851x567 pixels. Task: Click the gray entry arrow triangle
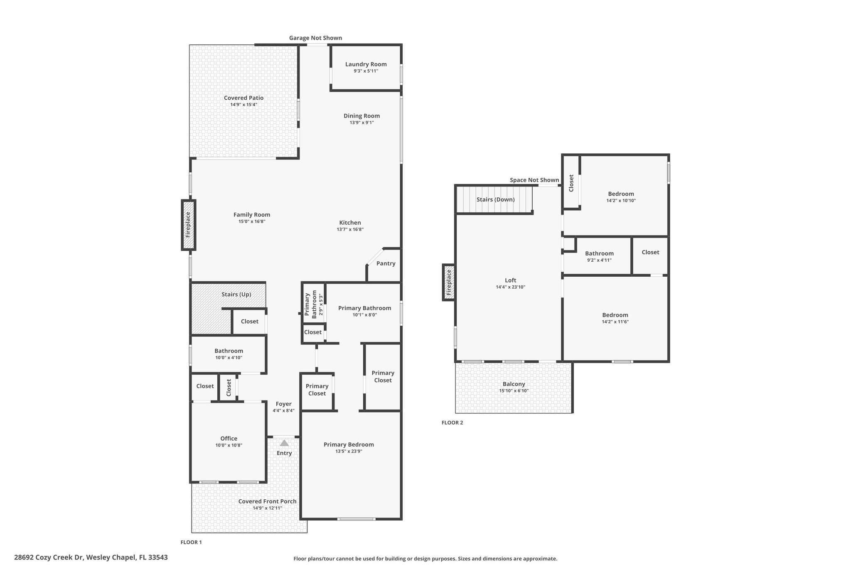(284, 443)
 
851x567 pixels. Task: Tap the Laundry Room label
(366, 64)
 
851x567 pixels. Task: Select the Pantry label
(386, 263)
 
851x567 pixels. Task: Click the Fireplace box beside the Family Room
(188, 225)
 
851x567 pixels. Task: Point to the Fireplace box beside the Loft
(449, 282)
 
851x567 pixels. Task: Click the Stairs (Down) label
(496, 199)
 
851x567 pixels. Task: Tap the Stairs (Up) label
(236, 295)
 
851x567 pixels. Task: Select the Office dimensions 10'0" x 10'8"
(229, 445)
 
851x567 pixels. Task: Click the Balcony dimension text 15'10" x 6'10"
(514, 391)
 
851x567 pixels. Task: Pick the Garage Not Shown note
(316, 38)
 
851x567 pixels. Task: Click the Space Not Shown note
(534, 180)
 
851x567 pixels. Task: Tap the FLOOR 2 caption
(452, 423)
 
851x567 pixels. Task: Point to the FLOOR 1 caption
(191, 542)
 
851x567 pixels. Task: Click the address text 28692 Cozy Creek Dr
(49, 557)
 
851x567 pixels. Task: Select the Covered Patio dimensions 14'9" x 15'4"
(244, 105)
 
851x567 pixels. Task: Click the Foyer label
(284, 404)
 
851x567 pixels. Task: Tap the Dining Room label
(362, 116)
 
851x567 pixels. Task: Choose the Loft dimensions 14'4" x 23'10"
(511, 287)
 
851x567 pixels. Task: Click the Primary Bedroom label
(349, 444)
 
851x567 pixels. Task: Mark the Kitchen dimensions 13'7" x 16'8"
(350, 229)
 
